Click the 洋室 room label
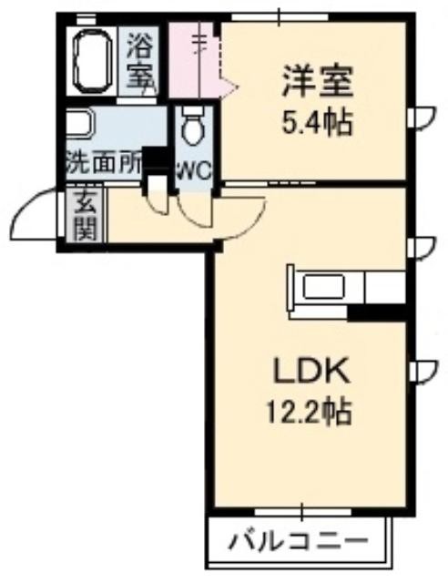click(317, 81)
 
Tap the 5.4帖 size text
click(317, 123)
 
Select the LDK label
click(311, 371)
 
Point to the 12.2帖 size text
click(309, 412)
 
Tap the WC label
click(195, 171)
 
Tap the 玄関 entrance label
click(86, 217)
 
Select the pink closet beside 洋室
click(193, 60)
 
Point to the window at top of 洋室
click(280, 17)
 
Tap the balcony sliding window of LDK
click(302, 513)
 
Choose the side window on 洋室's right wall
click(421, 118)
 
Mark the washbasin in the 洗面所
click(80, 124)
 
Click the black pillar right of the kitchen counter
click(376, 312)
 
